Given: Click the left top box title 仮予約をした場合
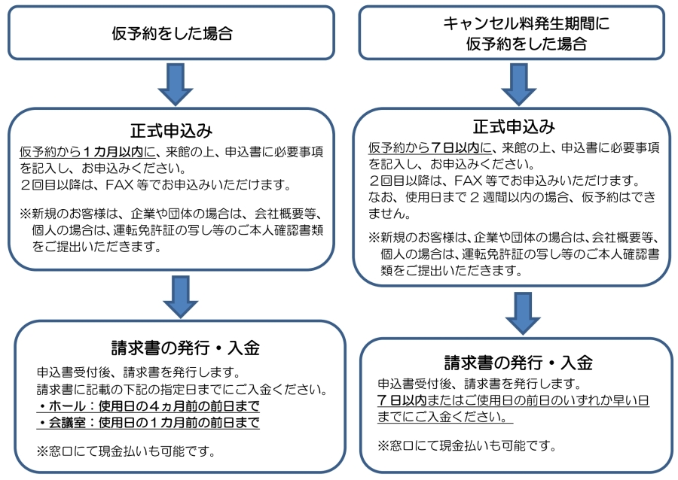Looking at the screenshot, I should (171, 33).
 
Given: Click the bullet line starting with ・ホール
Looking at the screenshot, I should (148, 407).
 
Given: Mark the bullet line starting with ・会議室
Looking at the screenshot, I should (148, 423).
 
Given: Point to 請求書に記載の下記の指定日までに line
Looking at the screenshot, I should (181, 390).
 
